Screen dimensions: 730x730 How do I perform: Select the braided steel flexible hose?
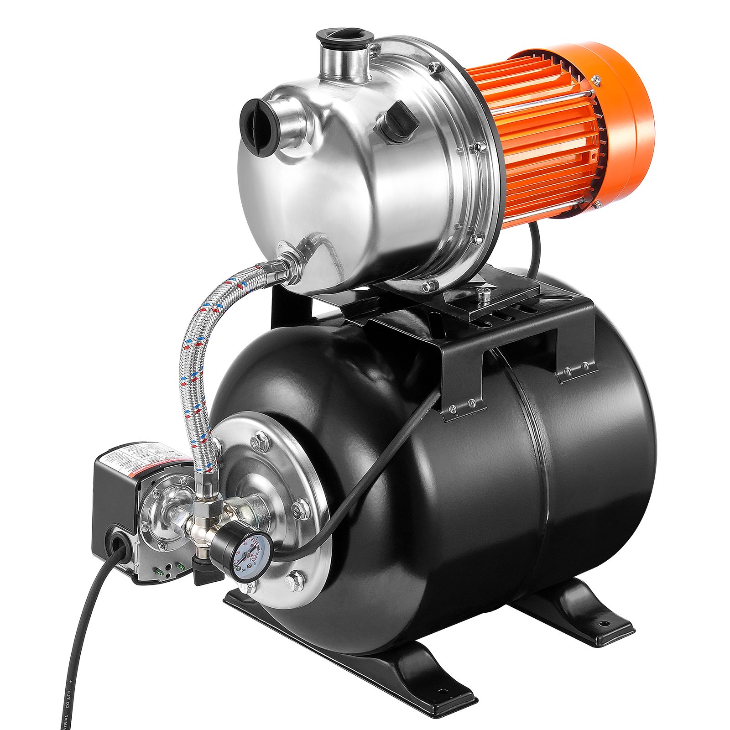[196, 365]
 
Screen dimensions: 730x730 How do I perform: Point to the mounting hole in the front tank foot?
[440, 693]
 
